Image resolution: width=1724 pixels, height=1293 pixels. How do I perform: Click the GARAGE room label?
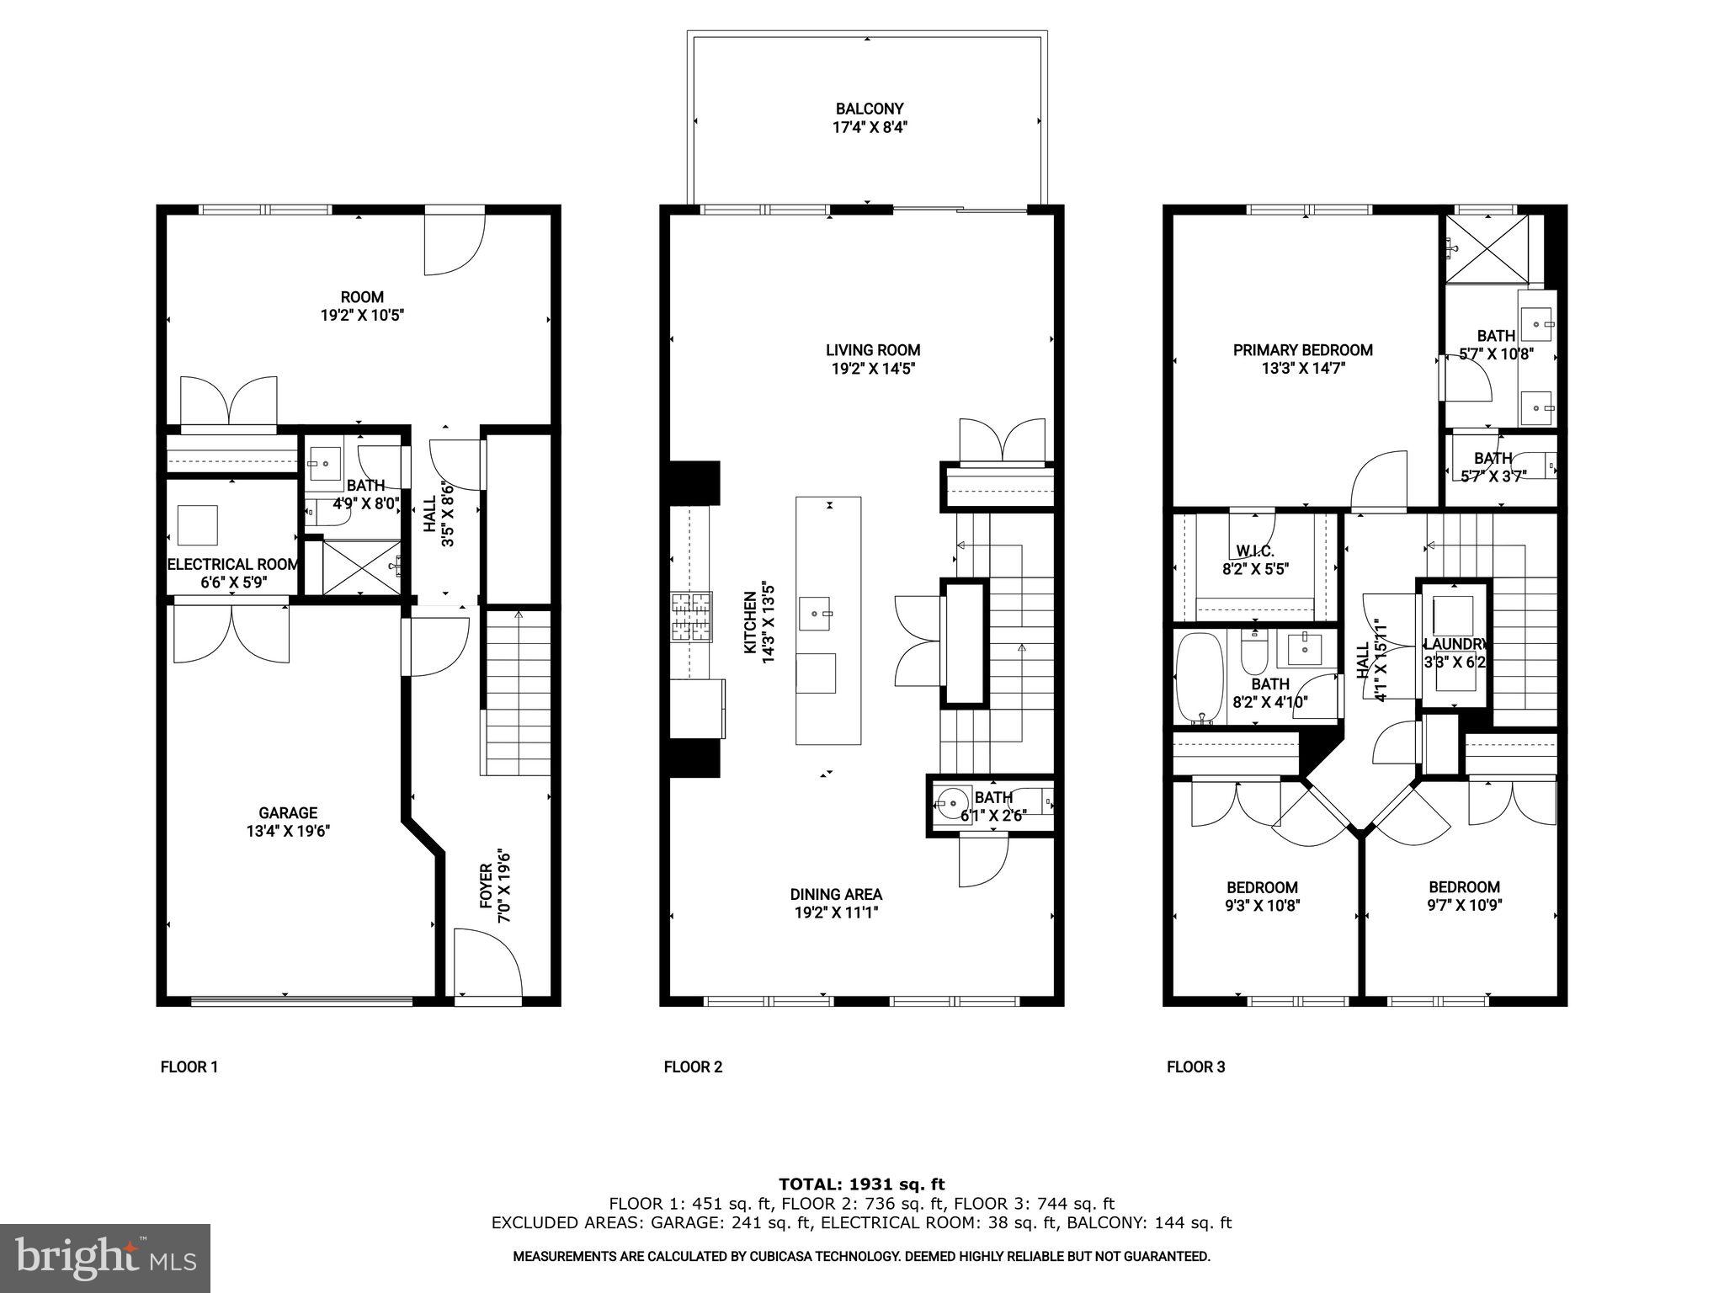(288, 812)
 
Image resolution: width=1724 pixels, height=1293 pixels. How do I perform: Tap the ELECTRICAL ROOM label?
(232, 564)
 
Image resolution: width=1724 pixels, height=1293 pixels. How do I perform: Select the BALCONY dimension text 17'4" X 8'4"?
(869, 128)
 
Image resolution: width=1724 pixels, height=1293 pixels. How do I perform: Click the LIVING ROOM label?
(872, 350)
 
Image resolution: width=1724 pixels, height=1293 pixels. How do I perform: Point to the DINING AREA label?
(835, 894)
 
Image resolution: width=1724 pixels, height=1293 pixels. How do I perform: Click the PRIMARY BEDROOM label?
(1302, 350)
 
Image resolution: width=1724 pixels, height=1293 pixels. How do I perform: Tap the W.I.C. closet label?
(1254, 551)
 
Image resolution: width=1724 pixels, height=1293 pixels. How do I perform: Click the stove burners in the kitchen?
(690, 618)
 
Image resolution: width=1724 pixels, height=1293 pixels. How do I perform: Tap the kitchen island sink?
(815, 614)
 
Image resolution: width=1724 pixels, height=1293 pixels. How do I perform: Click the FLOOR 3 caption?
(1195, 1067)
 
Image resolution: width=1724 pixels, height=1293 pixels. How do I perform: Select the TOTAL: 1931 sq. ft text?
(861, 1184)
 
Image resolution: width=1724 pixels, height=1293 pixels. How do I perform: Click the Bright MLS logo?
(105, 1258)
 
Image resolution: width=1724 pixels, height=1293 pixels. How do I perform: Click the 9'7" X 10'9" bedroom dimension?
(1464, 905)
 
